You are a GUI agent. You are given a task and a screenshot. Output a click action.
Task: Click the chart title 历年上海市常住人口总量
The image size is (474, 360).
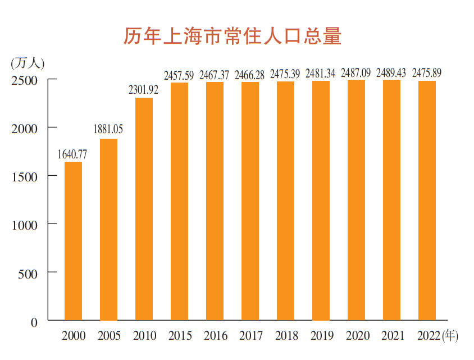233,37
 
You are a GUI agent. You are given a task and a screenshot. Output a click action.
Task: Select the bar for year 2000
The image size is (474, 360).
74,241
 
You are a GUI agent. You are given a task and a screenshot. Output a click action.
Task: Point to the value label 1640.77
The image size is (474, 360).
72,153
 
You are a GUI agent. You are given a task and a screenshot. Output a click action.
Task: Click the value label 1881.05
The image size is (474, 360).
108,130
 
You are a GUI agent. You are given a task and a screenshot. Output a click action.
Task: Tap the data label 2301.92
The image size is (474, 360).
144,89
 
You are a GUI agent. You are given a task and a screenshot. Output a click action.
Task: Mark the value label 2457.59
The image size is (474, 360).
179,75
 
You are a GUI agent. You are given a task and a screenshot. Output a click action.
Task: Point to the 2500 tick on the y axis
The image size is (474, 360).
24,80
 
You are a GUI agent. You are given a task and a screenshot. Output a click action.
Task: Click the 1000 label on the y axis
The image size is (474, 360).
24,225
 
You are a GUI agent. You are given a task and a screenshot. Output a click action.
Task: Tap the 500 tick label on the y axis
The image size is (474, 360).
28,274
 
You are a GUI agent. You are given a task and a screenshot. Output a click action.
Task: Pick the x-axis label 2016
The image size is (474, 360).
216,336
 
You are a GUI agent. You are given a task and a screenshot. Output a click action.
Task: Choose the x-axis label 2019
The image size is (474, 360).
321,336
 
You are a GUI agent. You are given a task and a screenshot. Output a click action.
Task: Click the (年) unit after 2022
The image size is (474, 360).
450,336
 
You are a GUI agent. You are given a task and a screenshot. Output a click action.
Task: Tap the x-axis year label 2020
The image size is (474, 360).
357,336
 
